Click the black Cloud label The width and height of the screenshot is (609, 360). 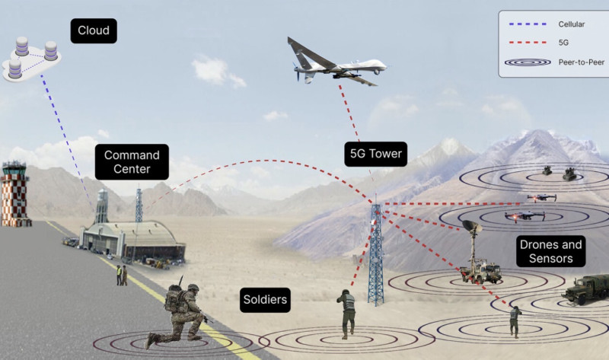[94, 30]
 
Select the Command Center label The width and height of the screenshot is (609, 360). [132, 162]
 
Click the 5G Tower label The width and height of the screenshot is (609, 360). [375, 154]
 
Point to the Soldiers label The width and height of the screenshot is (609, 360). [265, 300]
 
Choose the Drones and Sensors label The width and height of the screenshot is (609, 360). [550, 251]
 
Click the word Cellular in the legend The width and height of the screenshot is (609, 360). [572, 24]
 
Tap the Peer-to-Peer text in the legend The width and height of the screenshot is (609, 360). [582, 62]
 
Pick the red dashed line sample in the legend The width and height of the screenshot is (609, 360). [528, 43]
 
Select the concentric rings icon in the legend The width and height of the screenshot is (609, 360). [528, 62]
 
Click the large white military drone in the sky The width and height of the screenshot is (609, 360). [336, 62]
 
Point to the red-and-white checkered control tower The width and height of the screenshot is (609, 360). [14, 194]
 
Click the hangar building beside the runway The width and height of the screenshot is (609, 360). [132, 240]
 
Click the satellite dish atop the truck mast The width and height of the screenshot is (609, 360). [472, 226]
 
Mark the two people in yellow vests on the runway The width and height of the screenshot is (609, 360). [122, 276]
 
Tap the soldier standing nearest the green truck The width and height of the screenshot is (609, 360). [515, 321]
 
